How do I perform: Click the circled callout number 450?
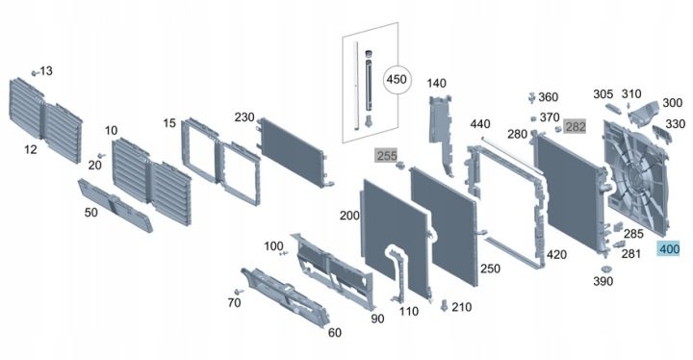click(x=397, y=80)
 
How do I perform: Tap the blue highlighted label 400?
click(x=669, y=249)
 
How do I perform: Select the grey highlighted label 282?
click(x=576, y=127)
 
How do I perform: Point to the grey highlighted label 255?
click(x=386, y=156)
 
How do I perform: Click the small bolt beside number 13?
click(x=34, y=73)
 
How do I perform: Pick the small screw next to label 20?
click(x=101, y=156)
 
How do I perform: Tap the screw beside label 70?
click(x=239, y=292)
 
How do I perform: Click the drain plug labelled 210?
click(x=444, y=305)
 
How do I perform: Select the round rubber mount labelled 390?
click(x=605, y=269)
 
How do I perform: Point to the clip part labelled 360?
click(x=531, y=97)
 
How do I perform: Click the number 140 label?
click(x=437, y=83)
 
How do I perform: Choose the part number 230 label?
click(x=244, y=117)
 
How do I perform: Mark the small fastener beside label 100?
click(x=283, y=253)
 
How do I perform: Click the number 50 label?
click(x=91, y=213)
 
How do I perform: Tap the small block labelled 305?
click(x=614, y=109)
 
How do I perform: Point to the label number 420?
click(x=556, y=255)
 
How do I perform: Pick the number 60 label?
click(x=335, y=333)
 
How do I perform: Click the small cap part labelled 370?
click(x=533, y=118)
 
